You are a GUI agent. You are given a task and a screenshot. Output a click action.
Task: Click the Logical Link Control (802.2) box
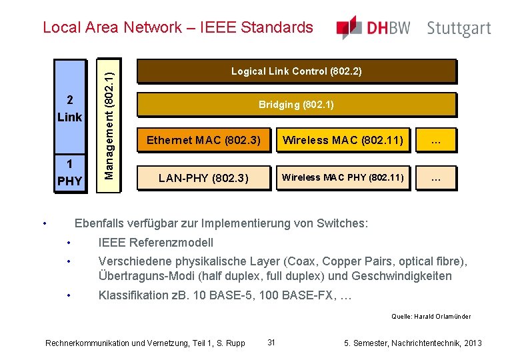(296, 71)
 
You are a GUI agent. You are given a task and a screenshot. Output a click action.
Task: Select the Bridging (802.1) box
(296, 105)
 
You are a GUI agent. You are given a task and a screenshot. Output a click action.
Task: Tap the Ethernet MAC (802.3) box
(203, 140)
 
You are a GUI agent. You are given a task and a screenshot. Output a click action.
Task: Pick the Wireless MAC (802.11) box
(343, 140)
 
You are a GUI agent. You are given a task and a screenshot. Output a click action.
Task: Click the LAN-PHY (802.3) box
(203, 178)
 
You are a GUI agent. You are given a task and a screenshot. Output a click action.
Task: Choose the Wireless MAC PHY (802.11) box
(343, 177)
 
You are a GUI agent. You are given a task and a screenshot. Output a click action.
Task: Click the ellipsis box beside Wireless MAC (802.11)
(436, 140)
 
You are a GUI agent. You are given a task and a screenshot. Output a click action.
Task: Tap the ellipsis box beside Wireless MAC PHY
(436, 178)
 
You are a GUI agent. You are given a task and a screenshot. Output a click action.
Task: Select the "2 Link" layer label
(70, 109)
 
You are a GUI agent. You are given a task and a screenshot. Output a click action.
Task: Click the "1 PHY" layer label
(70, 172)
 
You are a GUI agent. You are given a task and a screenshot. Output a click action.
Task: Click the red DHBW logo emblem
(349, 27)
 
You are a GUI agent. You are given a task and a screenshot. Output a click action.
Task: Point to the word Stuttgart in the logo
(459, 29)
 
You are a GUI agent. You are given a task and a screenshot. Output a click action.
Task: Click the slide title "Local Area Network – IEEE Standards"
(177, 27)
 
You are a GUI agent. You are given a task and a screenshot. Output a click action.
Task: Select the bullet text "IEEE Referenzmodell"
(155, 242)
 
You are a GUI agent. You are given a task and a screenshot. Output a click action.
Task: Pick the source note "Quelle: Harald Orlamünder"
(431, 317)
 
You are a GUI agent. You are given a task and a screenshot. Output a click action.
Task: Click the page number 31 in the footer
(271, 342)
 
